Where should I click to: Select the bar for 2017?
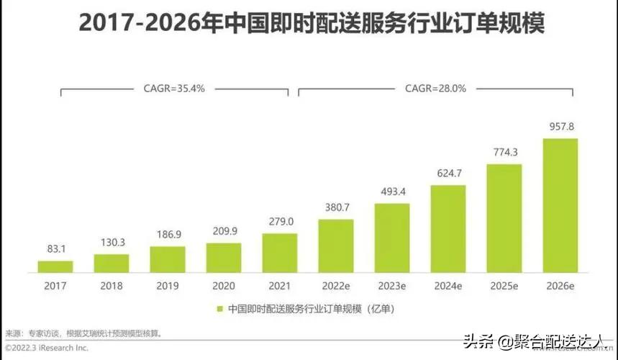[55, 266]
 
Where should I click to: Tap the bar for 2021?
[279, 253]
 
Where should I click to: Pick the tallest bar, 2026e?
[560, 205]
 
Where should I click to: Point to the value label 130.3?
[112, 243]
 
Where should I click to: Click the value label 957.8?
[560, 127]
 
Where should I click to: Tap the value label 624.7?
[447, 174]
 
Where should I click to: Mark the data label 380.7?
[335, 208]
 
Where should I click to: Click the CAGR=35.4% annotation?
[175, 89]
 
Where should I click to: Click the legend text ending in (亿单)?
[311, 308]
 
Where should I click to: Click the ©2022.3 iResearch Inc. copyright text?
[47, 347]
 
